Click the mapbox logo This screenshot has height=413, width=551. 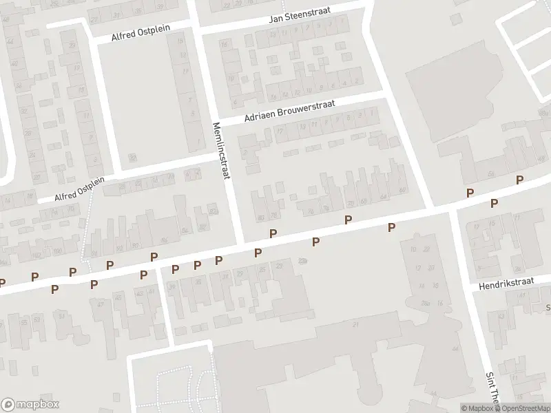pyautogui.click(x=30, y=404)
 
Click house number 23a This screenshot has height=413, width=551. pyautogui.click(x=304, y=260)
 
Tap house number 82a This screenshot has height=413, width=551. pyautogui.click(x=213, y=211)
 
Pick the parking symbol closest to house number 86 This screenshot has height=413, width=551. pyautogui.click(x=154, y=257)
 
